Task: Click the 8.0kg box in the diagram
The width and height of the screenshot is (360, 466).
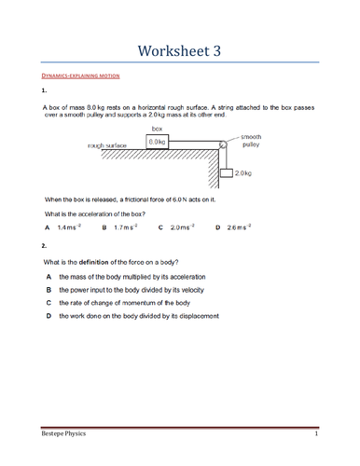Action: [x=158, y=142]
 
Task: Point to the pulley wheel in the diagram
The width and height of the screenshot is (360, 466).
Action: [x=223, y=144]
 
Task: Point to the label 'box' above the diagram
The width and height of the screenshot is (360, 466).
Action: [x=158, y=129]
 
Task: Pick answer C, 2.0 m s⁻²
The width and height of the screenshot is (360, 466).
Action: [x=174, y=226]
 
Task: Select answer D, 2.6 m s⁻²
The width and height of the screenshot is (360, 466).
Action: [x=233, y=226]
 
